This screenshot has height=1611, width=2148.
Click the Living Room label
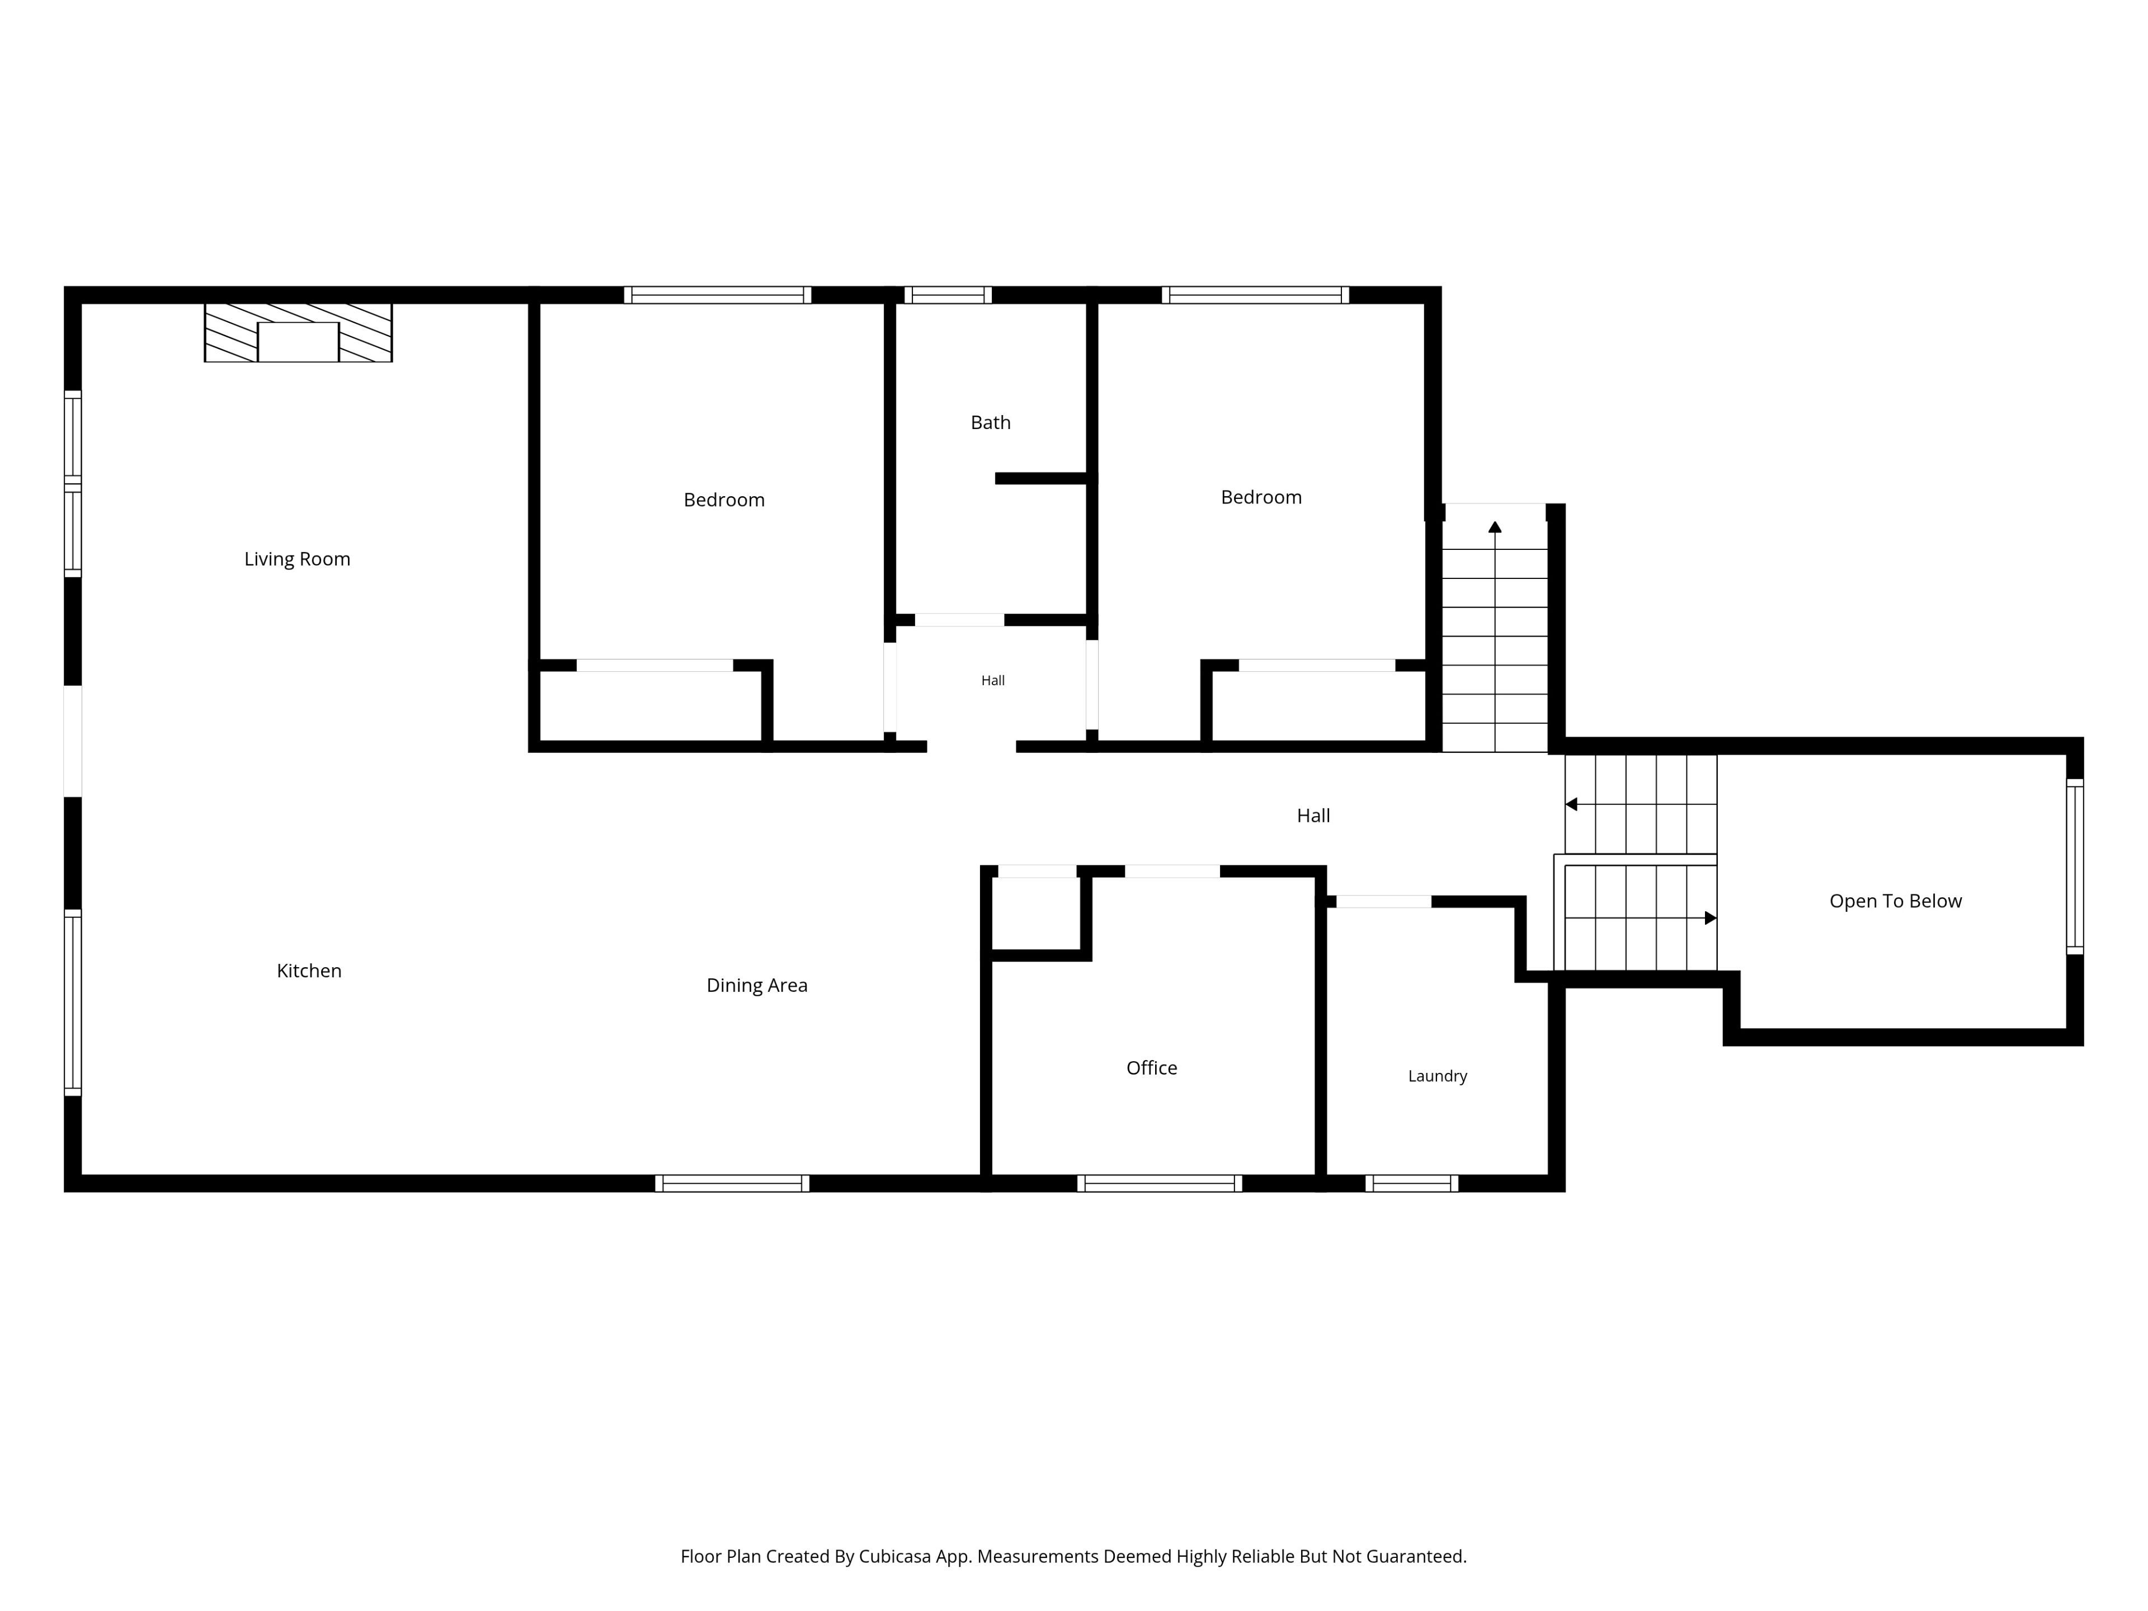297,559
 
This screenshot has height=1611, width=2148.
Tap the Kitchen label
309,971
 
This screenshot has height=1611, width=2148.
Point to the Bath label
991,422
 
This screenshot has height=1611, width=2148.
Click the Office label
1152,1068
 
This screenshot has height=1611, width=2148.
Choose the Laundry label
1437,1076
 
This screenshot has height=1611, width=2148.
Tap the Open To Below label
1896,901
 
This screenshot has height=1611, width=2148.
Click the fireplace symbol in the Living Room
298,333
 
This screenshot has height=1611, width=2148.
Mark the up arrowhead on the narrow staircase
1495,527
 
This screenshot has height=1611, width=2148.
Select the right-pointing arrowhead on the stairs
1711,918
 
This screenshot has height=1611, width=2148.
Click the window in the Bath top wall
948,295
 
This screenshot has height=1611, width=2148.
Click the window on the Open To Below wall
2075,867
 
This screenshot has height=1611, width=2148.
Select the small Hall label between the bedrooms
992,681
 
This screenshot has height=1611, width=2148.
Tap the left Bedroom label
724,500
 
